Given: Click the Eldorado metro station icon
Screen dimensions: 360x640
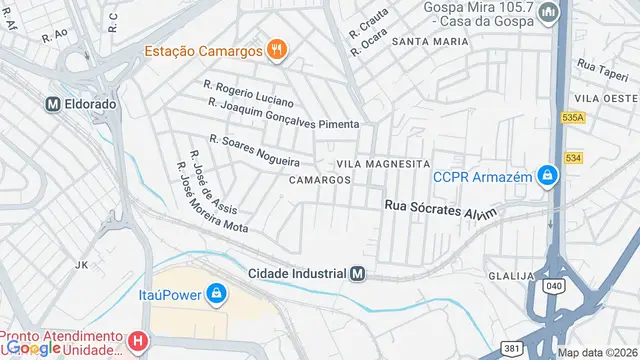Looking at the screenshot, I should tap(53, 103).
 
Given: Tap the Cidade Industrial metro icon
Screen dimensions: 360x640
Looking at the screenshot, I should tap(358, 273).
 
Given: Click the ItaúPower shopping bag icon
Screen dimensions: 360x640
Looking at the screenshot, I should tap(216, 293).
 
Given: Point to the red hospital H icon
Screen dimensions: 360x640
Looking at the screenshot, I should tap(139, 342).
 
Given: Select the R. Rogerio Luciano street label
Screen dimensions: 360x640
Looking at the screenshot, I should tap(248, 94).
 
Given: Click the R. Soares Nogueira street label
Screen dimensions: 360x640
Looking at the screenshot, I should tap(254, 151).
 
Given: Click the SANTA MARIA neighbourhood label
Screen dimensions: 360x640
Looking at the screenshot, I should tap(429, 42).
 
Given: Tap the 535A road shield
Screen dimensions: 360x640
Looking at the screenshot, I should tap(572, 117).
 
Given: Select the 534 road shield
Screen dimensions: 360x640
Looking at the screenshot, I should tap(572, 157).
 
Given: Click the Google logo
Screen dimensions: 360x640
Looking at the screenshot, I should tap(31, 347).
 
